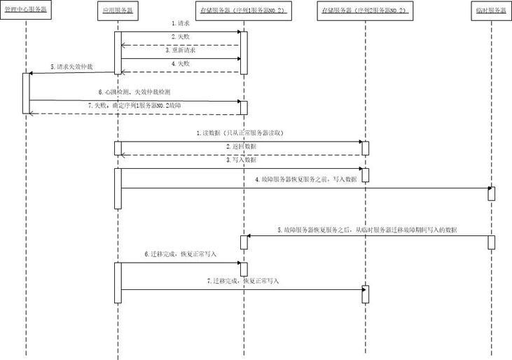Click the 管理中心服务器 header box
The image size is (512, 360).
coord(26,12)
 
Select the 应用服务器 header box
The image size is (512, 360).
coord(118,12)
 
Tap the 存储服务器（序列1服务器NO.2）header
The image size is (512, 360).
coord(242,12)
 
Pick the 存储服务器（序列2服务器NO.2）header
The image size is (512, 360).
coord(364,12)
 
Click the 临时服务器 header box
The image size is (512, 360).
coord(490,12)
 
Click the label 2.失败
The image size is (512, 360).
coord(180,36)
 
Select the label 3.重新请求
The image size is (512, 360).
coord(180,50)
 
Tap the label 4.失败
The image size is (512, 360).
coord(180,64)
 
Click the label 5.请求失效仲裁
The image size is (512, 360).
coord(71,67)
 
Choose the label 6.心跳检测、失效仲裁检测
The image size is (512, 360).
coord(134,92)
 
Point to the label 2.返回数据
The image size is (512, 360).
coord(241,146)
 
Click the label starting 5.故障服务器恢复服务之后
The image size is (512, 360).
coord(367,230)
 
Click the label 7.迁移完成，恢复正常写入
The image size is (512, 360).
coord(242,280)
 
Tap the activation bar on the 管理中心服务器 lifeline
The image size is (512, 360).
coord(27,92)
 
